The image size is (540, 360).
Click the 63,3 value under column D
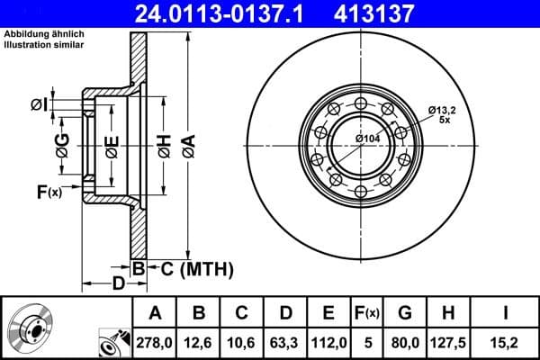click(286, 341)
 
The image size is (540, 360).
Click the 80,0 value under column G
click(404, 341)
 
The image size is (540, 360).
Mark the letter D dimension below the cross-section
click(118, 284)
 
